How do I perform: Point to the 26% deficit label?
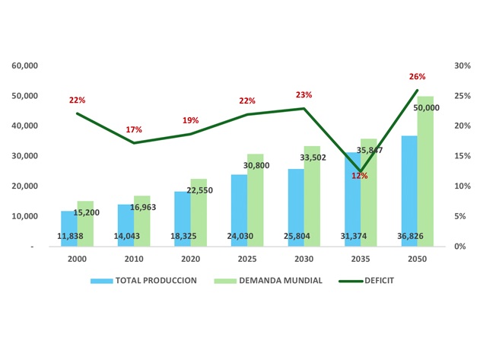pos(417,77)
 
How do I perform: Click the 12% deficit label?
pos(359,176)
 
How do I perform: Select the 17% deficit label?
pos(134,130)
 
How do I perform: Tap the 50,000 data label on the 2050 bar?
pos(426,108)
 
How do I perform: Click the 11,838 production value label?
pos(71,237)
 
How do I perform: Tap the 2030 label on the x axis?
pos(304,258)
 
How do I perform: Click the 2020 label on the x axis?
pos(190,258)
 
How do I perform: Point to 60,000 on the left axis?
pos(25,65)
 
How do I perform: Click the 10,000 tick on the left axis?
pos(25,216)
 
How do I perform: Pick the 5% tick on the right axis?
pos(459,216)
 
